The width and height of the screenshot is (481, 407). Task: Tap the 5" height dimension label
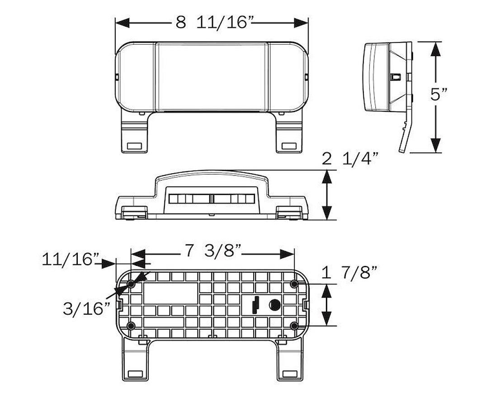click(439, 94)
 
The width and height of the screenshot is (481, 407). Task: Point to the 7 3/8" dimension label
click(213, 251)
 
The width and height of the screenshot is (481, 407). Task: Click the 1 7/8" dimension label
click(349, 272)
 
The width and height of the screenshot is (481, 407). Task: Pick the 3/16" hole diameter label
click(86, 308)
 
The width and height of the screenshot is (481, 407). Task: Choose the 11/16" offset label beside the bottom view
click(71, 260)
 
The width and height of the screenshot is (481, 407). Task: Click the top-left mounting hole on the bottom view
click(131, 284)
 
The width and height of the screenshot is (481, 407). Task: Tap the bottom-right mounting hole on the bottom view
click(294, 326)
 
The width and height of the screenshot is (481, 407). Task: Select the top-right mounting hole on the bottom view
click(294, 284)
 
